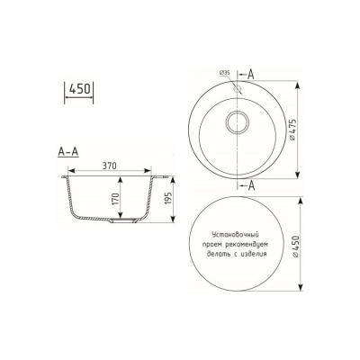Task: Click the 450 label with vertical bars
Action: pos(80,89)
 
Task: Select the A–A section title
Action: pos(67,151)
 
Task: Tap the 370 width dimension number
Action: pos(111,167)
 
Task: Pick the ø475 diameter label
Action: pos(291,132)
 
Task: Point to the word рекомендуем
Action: pos(249,244)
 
